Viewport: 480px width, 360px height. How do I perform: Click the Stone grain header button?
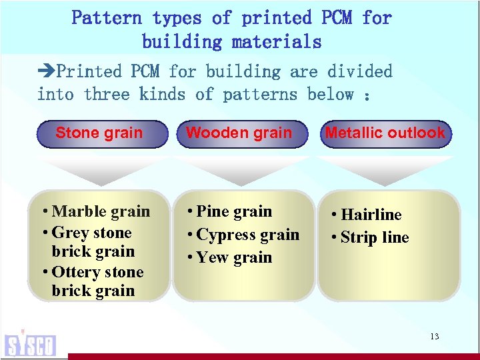[x=99, y=133]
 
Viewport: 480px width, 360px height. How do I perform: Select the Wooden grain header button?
[x=239, y=133]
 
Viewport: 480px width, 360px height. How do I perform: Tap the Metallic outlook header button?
[x=385, y=133]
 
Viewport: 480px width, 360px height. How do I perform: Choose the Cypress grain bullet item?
[x=247, y=235]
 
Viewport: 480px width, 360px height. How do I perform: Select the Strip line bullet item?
[x=373, y=237]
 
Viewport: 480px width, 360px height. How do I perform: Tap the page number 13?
[x=434, y=337]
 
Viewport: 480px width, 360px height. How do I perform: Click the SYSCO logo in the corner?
[x=30, y=343]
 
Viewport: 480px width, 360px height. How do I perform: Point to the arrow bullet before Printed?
[x=47, y=71]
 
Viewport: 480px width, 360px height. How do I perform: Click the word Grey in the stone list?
[x=69, y=233]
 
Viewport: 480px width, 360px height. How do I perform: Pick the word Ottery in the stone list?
[x=75, y=272]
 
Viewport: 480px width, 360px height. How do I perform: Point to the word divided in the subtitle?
[x=360, y=71]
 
